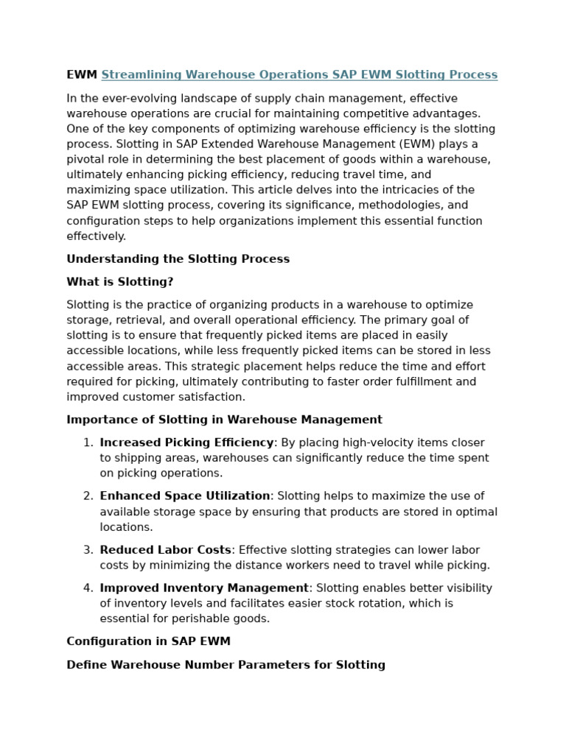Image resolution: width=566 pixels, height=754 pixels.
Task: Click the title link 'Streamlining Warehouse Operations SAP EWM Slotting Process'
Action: (299, 75)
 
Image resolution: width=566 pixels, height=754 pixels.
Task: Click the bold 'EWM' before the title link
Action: (82, 75)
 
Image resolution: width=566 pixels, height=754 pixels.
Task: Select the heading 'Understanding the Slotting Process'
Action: (178, 259)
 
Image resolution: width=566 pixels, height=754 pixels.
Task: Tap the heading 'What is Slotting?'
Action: (120, 282)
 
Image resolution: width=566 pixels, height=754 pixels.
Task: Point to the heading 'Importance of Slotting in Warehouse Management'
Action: (224, 420)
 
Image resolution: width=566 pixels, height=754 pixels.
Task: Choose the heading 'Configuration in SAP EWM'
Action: (148, 641)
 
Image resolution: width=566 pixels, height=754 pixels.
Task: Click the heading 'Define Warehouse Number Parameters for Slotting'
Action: (226, 665)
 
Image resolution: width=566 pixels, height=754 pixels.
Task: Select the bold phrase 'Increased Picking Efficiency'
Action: (186, 443)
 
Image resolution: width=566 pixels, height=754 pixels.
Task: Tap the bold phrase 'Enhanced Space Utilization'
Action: (185, 496)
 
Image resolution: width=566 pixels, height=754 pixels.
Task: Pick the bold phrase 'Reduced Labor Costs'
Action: (166, 550)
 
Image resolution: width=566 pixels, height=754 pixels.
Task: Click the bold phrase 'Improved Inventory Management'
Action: (204, 588)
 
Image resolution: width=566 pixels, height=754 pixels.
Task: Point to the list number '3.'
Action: (88, 550)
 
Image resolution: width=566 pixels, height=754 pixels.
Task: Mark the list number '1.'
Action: (88, 443)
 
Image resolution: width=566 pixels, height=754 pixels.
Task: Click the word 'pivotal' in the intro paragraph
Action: (86, 160)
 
